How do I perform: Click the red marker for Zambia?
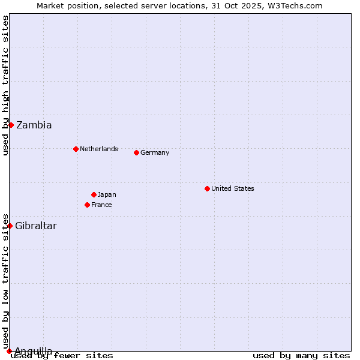[11, 125]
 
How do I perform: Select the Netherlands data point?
[76, 149]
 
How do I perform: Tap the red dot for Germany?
[136, 152]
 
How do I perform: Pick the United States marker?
[207, 188]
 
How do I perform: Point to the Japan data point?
[94, 194]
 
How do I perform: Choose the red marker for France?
[87, 205]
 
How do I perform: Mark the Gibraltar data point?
[10, 226]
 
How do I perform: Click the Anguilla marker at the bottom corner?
[9, 351]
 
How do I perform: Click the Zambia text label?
[34, 125]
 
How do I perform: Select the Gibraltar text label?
[36, 226]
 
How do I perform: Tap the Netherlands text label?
[99, 149]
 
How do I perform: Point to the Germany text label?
[155, 152]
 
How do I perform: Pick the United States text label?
[233, 188]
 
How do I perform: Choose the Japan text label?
[107, 194]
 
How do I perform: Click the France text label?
[101, 205]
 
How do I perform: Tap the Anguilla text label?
[34, 351]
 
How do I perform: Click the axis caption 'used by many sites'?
[301, 356]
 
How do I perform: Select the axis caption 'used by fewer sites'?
[62, 356]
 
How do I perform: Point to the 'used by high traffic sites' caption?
[5, 85]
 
